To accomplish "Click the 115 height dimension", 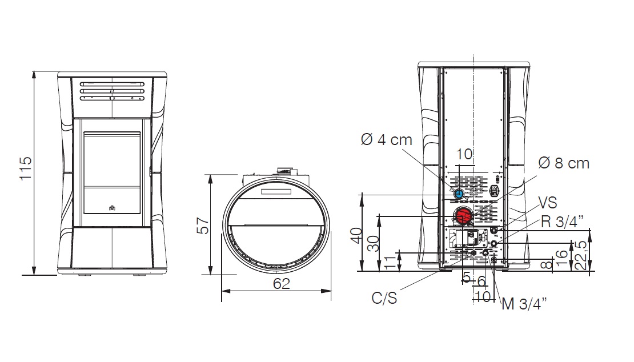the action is (x=26, y=168).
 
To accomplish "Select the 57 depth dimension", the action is (x=203, y=225).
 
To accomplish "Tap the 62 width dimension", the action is (x=282, y=284).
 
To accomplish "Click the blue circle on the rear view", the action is (x=459, y=194).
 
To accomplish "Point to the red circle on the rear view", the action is (x=462, y=216).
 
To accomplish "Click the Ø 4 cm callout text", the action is (x=386, y=140).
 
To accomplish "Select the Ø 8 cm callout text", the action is (x=564, y=163).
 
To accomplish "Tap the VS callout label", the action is (x=548, y=203).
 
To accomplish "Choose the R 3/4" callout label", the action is (x=561, y=222).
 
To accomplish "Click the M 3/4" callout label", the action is (x=524, y=303).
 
